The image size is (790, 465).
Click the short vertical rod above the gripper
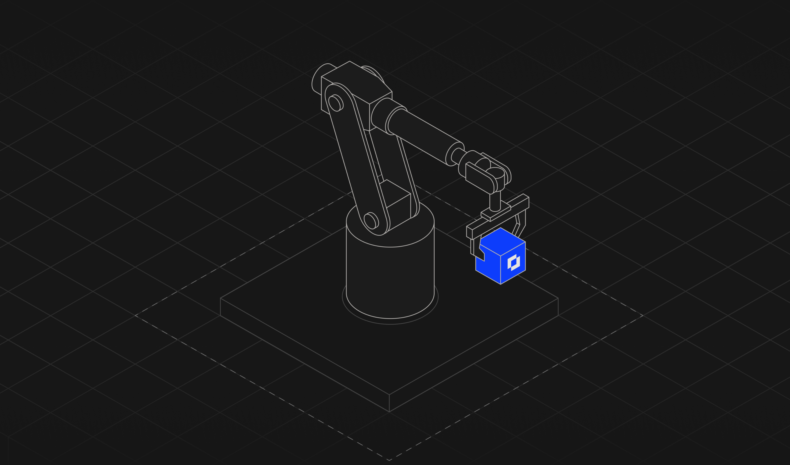coord(495,201)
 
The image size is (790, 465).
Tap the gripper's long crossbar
coord(502,216)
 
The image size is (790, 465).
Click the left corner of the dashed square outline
coord(135,315)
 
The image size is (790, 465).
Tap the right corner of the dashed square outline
coord(643,315)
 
